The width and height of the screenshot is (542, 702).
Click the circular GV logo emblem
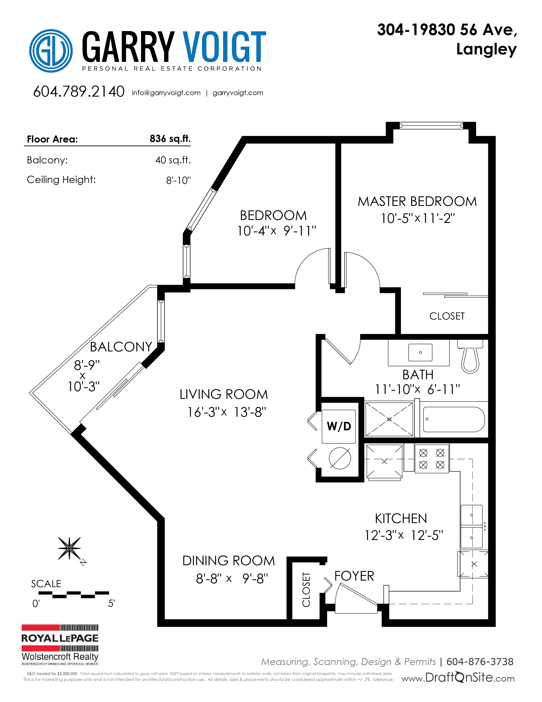[x=51, y=51]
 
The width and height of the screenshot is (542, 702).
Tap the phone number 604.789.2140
[x=79, y=92]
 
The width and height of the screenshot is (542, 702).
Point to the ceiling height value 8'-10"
[x=178, y=180]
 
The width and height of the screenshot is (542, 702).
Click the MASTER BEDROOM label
[x=417, y=201]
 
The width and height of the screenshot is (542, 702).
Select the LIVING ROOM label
[x=223, y=394]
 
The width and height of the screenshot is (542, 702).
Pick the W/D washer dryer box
[x=339, y=427]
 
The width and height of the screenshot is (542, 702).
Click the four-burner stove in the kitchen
[x=431, y=459]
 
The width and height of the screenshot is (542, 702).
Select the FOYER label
[x=354, y=576]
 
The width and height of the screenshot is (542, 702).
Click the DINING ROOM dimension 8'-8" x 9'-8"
[x=232, y=579]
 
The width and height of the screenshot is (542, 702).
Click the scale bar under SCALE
[x=74, y=595]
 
